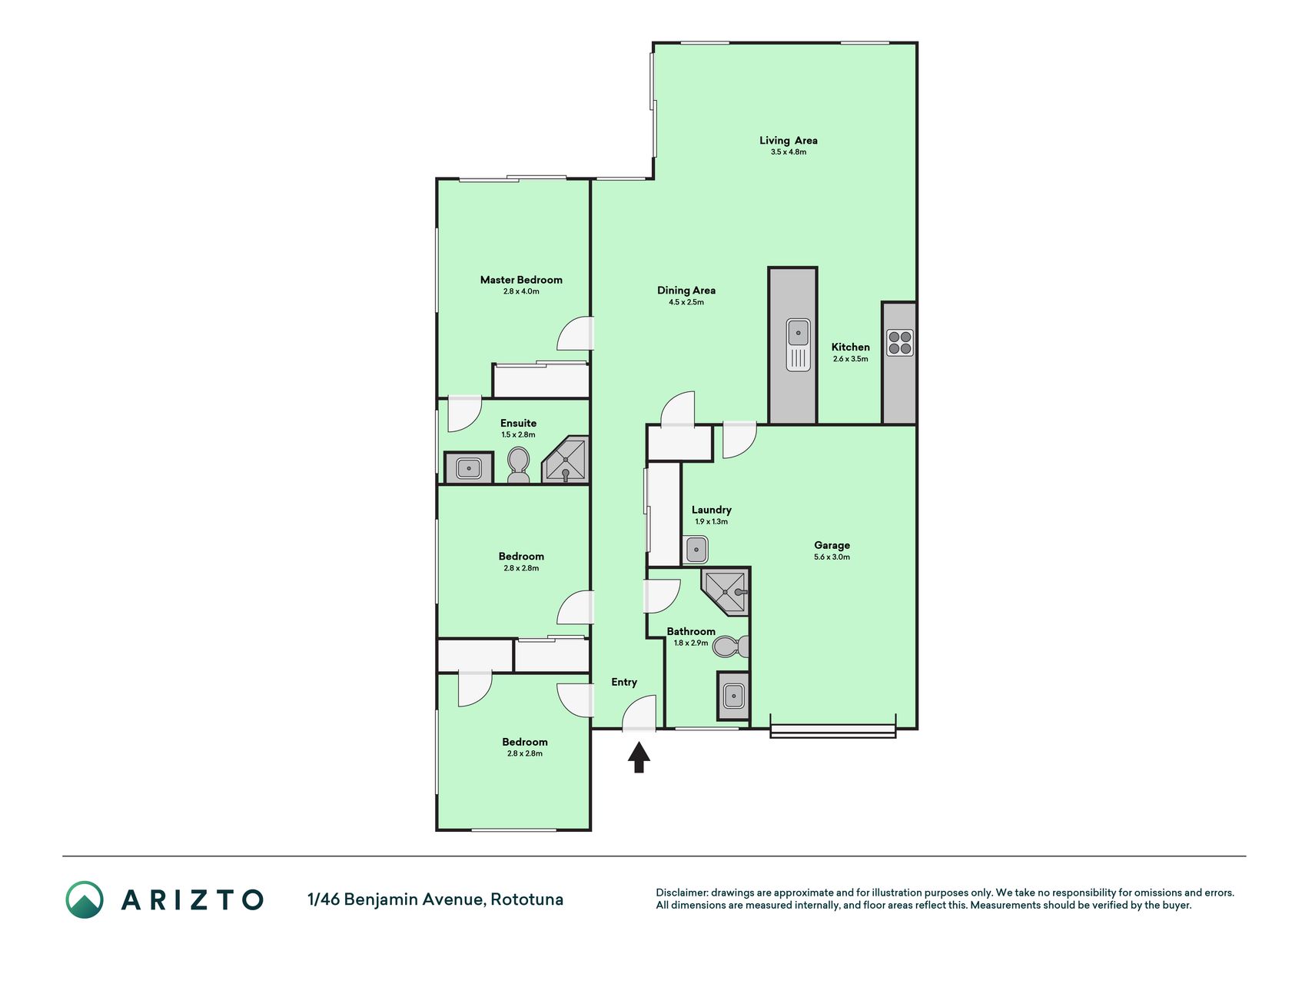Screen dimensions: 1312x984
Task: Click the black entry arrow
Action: pyautogui.click(x=639, y=757)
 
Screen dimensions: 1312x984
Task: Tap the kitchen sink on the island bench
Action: pyautogui.click(x=799, y=344)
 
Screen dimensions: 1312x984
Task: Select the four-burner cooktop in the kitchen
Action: pyautogui.click(x=900, y=343)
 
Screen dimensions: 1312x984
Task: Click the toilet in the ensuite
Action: pyautogui.click(x=519, y=465)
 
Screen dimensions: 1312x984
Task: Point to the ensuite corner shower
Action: pyautogui.click(x=566, y=460)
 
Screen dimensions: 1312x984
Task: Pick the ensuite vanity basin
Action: pyautogui.click(x=469, y=467)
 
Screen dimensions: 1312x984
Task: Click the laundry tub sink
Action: pyautogui.click(x=696, y=550)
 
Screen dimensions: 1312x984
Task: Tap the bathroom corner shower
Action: pyautogui.click(x=726, y=591)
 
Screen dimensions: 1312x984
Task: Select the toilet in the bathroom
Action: pyautogui.click(x=731, y=647)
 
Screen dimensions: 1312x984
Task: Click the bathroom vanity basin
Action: pyautogui.click(x=733, y=696)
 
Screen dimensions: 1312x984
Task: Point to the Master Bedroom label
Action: pyautogui.click(x=521, y=280)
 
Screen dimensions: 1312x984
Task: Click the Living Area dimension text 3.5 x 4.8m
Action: pyautogui.click(x=789, y=152)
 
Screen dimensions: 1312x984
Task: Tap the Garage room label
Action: pyautogui.click(x=832, y=545)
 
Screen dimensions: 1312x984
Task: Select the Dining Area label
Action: pyautogui.click(x=686, y=291)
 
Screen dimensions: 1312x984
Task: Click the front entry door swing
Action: pyautogui.click(x=639, y=713)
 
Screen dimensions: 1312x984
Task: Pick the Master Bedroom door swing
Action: pyautogui.click(x=575, y=334)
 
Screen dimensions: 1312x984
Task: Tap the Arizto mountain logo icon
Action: pyautogui.click(x=85, y=899)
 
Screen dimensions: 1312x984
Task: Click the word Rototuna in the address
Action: pyautogui.click(x=527, y=899)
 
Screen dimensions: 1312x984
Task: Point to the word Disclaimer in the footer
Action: pyautogui.click(x=681, y=893)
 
